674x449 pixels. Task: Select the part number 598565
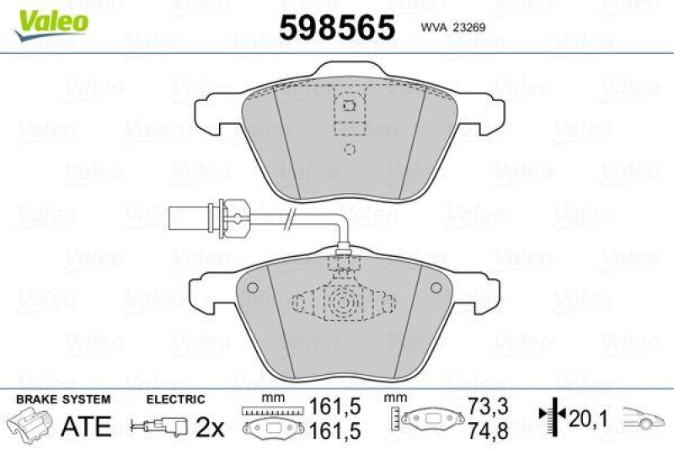(x=337, y=28)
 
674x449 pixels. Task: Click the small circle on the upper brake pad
(x=350, y=151)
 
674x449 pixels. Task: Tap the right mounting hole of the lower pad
(x=435, y=288)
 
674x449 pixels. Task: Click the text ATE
(x=87, y=426)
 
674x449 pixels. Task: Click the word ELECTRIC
(x=176, y=398)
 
